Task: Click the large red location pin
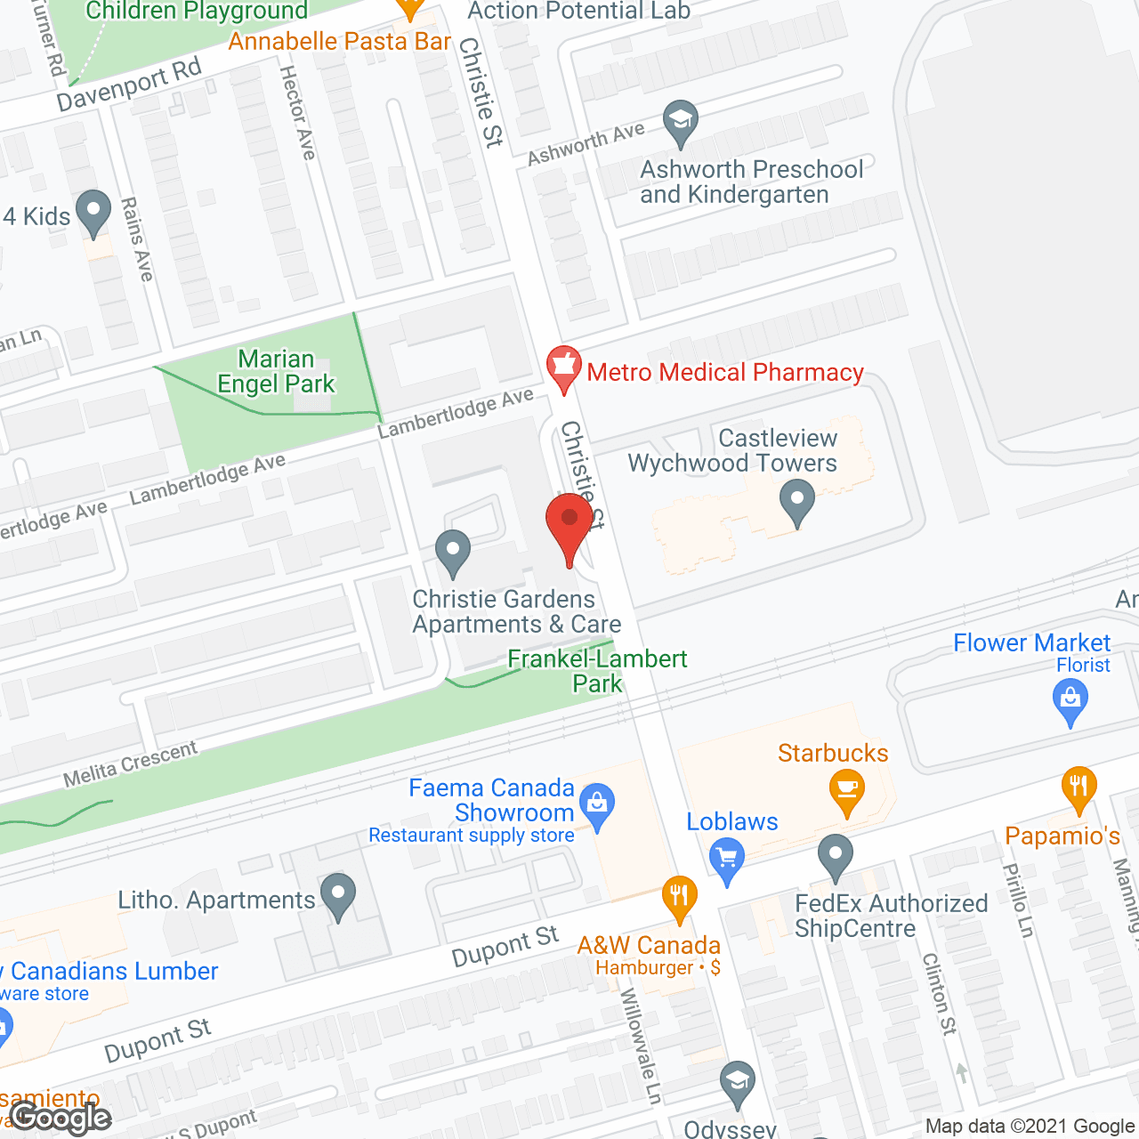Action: click(x=569, y=523)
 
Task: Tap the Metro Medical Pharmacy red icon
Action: click(x=563, y=368)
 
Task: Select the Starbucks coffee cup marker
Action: click(x=846, y=791)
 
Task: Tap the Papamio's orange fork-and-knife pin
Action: click(x=1078, y=788)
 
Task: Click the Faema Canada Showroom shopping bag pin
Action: click(x=597, y=806)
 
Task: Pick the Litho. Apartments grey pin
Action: click(x=338, y=896)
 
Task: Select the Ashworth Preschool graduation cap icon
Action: click(x=681, y=122)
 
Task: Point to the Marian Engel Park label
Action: click(x=276, y=372)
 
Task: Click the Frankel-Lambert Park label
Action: click(x=597, y=671)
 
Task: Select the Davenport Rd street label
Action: click(x=129, y=86)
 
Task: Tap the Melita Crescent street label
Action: click(x=130, y=764)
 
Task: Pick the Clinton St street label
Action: click(x=939, y=993)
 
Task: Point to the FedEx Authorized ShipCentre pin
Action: click(x=835, y=857)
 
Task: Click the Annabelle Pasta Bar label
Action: click(x=339, y=41)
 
